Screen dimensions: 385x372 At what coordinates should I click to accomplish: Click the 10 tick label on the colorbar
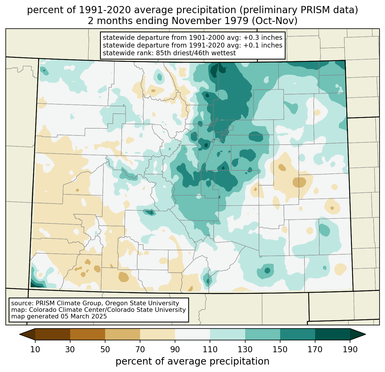(35, 349)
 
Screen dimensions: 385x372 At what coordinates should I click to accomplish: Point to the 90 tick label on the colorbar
(175, 349)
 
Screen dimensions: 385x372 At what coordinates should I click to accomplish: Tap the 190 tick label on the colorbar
(350, 349)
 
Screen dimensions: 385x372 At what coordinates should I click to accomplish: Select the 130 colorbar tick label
(245, 349)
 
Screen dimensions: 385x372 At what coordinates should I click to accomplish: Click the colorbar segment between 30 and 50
(87, 334)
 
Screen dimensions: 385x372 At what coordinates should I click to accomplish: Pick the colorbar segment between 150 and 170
(298, 334)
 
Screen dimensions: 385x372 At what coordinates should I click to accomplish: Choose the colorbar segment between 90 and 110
(192, 334)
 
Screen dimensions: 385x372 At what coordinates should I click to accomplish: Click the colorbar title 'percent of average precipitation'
(192, 361)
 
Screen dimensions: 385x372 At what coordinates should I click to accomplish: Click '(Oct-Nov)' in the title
(275, 21)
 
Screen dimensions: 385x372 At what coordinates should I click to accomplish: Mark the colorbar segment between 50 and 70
(123, 334)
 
